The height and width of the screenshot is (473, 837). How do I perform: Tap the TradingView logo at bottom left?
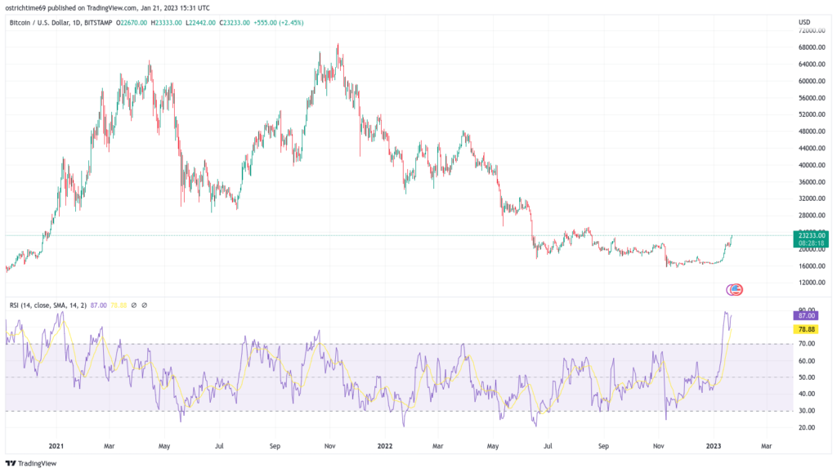click(33, 464)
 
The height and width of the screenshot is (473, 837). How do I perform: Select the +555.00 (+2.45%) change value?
click(280, 23)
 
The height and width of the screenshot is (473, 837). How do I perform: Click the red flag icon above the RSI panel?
click(736, 288)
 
